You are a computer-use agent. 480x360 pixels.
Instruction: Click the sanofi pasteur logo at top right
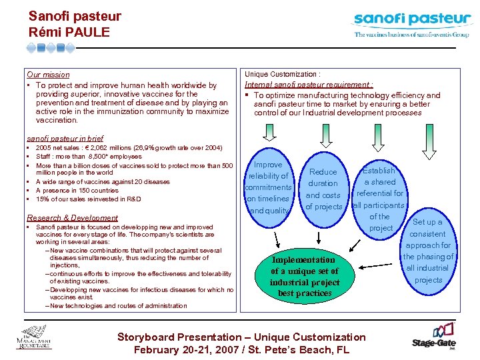pos(411,24)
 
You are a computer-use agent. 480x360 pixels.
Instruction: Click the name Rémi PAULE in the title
pos(69,31)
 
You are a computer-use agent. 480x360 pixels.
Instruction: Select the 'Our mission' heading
pos(48,75)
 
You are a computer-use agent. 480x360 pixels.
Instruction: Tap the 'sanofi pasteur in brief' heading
pos(65,138)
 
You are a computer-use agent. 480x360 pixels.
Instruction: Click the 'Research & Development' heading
pos(72,218)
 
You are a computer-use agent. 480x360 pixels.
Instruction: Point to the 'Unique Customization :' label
pos(283,74)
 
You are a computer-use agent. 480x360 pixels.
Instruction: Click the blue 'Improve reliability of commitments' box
pos(269,187)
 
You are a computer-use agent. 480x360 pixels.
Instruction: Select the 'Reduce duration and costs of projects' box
pos(323,189)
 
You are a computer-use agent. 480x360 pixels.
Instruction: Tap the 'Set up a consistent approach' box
pos(427,250)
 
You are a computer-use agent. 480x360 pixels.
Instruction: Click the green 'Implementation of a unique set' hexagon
pos(305,276)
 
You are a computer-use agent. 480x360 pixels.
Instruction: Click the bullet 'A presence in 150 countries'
pos(77,190)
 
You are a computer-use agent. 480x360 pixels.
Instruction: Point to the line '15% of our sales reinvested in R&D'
pos(88,199)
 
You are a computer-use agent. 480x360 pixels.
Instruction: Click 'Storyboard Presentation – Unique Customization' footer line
pos(241,337)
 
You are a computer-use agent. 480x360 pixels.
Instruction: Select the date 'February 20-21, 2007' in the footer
pos(179,349)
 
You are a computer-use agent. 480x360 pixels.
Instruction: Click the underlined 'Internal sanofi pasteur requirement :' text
pos(309,85)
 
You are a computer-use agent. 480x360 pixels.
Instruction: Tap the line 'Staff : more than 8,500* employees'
pos(89,156)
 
